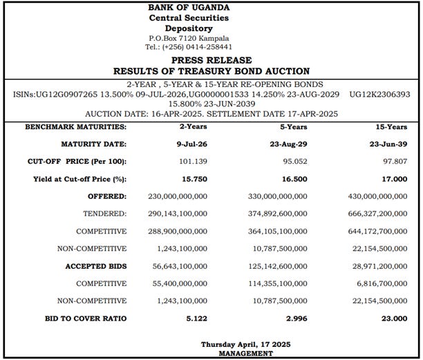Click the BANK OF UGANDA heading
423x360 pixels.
pyautogui.click(x=189, y=7)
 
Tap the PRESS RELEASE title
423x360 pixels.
pyautogui.click(x=211, y=60)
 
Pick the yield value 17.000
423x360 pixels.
pyautogui.click(x=393, y=178)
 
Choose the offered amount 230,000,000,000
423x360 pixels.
pyautogui.click(x=177, y=196)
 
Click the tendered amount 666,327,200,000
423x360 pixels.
pyautogui.click(x=378, y=214)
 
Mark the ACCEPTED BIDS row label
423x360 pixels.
pyautogui.click(x=96, y=266)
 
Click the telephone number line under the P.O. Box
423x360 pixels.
pyautogui.click(x=189, y=46)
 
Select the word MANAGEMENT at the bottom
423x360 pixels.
pyautogui.click(x=245, y=353)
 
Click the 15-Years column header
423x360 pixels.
pyautogui.click(x=392, y=127)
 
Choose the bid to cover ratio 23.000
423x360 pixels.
pyautogui.click(x=393, y=319)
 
